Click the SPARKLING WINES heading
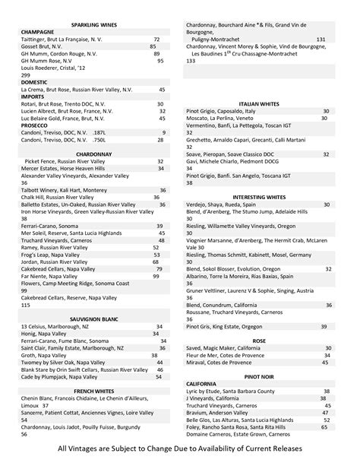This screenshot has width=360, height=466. coord(95,24)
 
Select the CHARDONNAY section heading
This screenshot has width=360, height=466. coord(95,154)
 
